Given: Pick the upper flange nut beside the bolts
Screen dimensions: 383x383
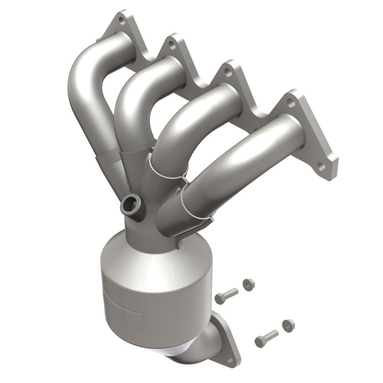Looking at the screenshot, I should (248, 283).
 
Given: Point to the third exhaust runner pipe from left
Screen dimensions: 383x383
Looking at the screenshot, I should (191, 124).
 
